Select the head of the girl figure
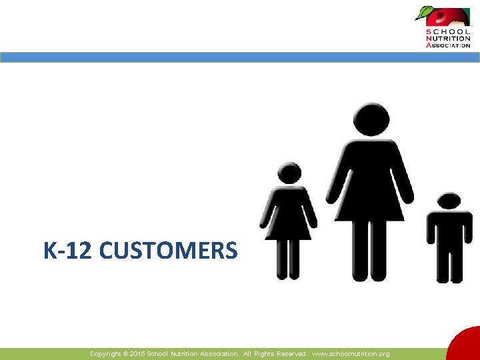click(289, 173)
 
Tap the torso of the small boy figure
click(449, 230)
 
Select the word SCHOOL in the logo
click(448, 31)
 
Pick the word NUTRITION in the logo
click(448, 38)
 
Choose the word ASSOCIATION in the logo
click(448, 45)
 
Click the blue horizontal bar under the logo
click(240, 57)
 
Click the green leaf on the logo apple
click(423, 12)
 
